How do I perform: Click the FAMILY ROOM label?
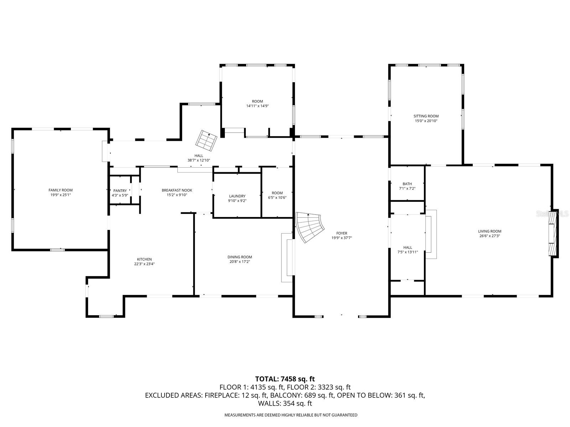coord(61,190)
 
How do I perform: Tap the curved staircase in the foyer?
coord(309,227)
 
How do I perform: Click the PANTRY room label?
coord(120,191)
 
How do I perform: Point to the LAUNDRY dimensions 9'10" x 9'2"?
coord(237,201)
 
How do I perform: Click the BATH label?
coord(407,184)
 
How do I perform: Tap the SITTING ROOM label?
coord(426,116)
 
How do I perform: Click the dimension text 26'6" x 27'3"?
coord(489,236)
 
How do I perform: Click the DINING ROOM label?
coord(240,257)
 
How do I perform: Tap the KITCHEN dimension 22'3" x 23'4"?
coord(145,264)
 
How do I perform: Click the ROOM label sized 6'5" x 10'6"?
coord(277,193)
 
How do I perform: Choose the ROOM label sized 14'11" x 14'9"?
coord(257,101)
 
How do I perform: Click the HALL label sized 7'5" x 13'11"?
coord(408,247)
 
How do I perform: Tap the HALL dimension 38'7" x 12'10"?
coord(199,160)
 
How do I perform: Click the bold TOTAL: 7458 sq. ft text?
coord(285,379)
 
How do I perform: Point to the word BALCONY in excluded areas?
coord(283,395)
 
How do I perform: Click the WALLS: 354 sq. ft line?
coord(285,404)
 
